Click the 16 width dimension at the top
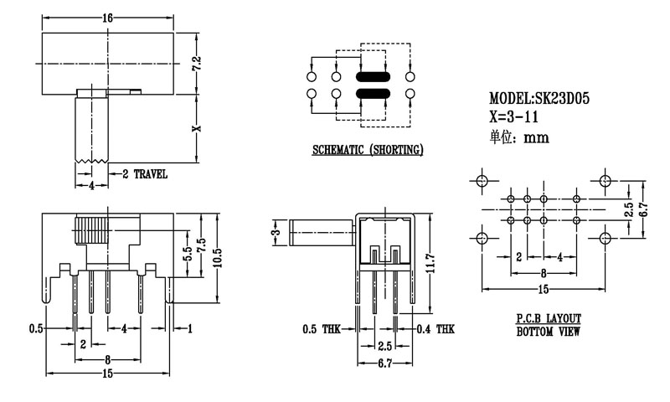106,17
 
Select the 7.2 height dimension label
198,64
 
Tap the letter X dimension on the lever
198,129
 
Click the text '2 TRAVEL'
145,174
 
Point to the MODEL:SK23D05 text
539,99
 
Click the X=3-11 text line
519,117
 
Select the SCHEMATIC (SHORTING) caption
367,151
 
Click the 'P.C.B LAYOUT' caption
549,319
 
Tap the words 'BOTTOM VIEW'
549,332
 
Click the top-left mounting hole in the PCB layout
482,180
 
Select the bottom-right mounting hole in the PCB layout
606,238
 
